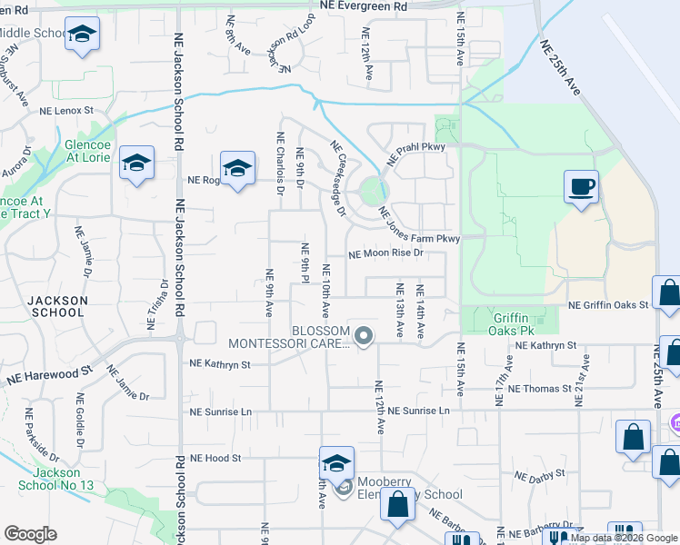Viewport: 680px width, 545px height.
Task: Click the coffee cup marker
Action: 581,188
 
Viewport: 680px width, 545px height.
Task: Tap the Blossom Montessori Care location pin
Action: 364,337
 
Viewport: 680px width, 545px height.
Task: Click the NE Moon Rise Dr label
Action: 386,253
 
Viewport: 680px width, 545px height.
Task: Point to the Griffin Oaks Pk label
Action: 517,325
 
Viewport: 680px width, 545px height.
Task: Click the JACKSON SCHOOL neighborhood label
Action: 56,306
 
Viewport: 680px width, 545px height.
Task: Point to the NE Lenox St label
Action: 66,110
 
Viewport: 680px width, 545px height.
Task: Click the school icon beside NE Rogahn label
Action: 237,169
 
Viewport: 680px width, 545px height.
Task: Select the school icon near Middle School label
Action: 83,35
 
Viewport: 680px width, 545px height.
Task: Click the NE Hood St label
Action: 215,459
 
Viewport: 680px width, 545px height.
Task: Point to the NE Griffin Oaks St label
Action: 608,306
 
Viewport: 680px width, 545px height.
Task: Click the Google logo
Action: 30,534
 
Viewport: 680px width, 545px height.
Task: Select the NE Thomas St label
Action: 542,389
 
